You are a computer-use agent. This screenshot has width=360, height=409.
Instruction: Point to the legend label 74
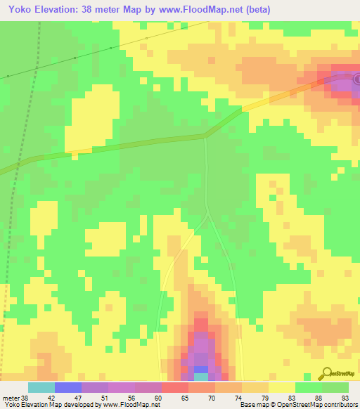point(228,397)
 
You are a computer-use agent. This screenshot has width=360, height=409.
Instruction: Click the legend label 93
point(335,397)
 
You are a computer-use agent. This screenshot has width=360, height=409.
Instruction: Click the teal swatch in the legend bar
point(41,387)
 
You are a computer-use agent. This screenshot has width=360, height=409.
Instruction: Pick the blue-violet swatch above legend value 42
point(68,387)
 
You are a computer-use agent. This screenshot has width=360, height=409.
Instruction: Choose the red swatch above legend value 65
point(174,387)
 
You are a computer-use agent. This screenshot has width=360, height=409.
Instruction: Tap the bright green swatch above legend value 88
point(308,387)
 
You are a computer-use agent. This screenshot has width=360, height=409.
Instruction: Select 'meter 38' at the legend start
point(15,397)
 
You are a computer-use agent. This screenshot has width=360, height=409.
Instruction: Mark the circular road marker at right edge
point(356,79)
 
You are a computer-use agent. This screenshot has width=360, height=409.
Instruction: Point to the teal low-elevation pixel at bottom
point(200,377)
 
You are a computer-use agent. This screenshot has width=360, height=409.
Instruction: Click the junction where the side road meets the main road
point(205,136)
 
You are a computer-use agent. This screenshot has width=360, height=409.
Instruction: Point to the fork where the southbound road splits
point(207,215)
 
